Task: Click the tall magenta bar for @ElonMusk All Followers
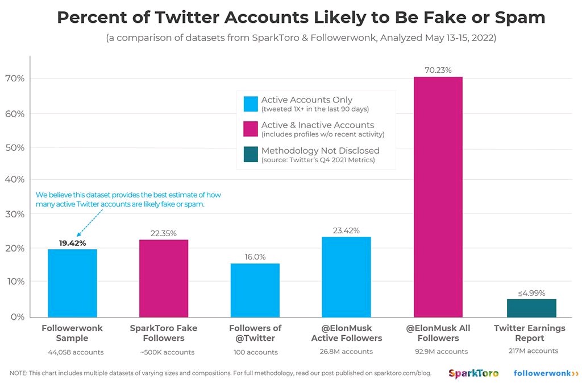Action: pyautogui.click(x=438, y=196)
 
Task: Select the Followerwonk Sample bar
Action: pyautogui.click(x=72, y=283)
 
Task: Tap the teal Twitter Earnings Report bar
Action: pyautogui.click(x=531, y=307)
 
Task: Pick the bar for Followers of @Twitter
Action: pyautogui.click(x=255, y=290)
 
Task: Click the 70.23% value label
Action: pyautogui.click(x=438, y=70)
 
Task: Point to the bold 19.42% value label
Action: pyautogui.click(x=72, y=243)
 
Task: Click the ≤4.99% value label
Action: pyautogui.click(x=531, y=293)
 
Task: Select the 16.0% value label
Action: pyautogui.click(x=255, y=257)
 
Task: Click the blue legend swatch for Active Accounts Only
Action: pyautogui.click(x=251, y=104)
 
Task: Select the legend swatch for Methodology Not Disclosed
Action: pyautogui.click(x=251, y=154)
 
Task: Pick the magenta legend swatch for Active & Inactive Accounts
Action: pyautogui.click(x=251, y=129)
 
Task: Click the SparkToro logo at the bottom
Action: pyautogui.click(x=473, y=373)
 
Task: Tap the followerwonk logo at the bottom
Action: pyautogui.click(x=546, y=373)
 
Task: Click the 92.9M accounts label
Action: pyautogui.click(x=438, y=351)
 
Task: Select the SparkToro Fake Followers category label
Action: pyautogui.click(x=164, y=333)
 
